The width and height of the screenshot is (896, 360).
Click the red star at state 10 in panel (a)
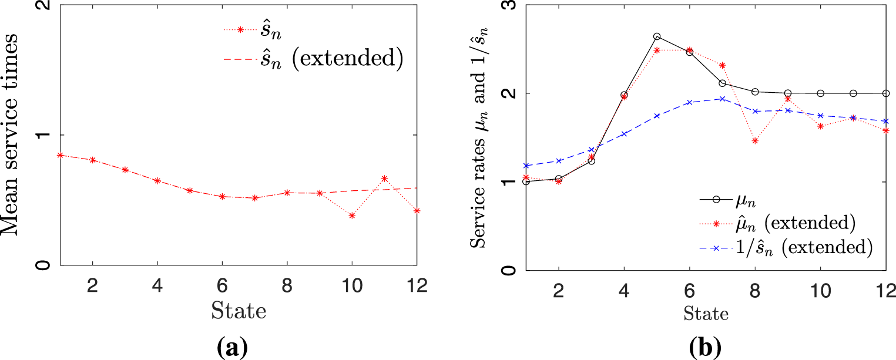click(352, 216)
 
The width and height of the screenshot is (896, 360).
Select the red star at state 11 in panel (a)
click(384, 179)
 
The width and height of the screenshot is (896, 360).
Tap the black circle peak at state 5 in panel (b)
click(657, 36)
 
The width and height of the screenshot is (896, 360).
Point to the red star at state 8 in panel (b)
click(755, 141)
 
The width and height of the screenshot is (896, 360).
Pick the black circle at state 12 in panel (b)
click(886, 93)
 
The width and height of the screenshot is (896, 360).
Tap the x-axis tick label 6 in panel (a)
click(222, 285)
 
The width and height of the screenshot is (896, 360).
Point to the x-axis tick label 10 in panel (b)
click(820, 290)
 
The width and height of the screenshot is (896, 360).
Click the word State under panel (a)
click(239, 311)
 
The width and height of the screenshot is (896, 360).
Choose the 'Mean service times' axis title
click(11, 134)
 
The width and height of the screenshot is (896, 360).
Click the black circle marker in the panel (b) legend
click(716, 199)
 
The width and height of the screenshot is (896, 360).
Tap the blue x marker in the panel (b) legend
click(716, 248)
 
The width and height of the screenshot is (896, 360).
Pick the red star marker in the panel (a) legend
click(240, 29)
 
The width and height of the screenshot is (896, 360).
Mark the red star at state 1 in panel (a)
click(61, 155)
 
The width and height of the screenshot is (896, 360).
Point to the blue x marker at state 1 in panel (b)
click(526, 166)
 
